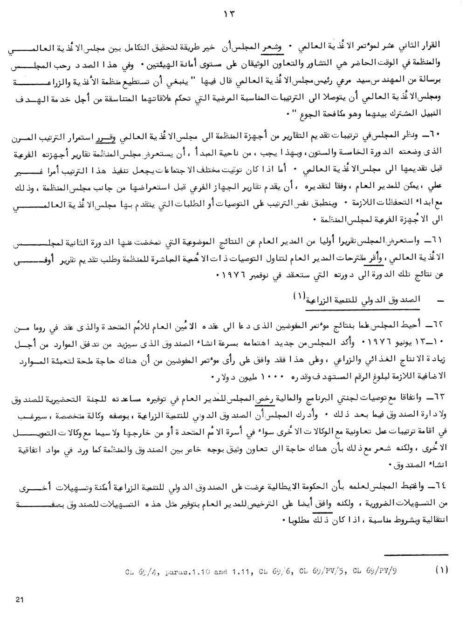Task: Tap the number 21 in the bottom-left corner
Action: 19,600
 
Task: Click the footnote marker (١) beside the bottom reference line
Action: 440,570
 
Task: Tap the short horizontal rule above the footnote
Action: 416,554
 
